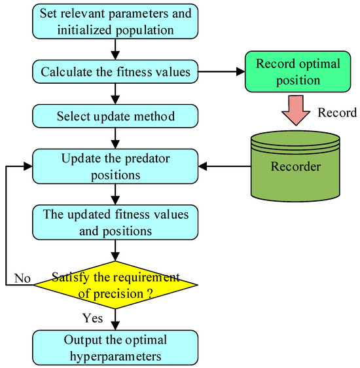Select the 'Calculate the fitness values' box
(115, 73)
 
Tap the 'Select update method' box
(115, 117)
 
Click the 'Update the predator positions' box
(115, 166)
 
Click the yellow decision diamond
(115, 282)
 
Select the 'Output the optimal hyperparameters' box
(115, 347)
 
